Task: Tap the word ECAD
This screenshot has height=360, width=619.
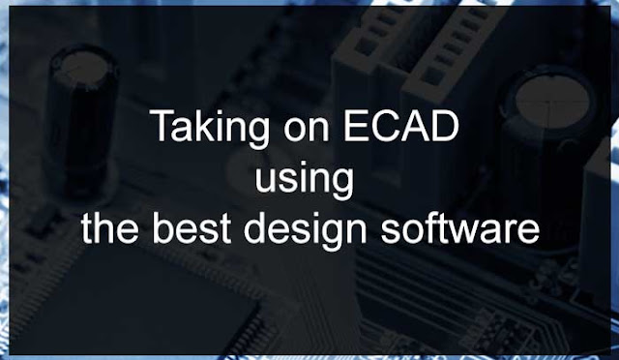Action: click(401, 126)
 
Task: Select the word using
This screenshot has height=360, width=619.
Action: click(304, 180)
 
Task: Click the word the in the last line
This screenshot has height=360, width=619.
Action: click(109, 228)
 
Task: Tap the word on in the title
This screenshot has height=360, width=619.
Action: click(307, 131)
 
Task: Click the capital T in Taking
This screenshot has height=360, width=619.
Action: click(162, 126)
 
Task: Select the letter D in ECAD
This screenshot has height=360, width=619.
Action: click(445, 126)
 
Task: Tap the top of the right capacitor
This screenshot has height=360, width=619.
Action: click(552, 101)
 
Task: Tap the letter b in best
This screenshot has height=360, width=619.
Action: click(162, 227)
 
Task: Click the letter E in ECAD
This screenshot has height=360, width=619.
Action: click(355, 126)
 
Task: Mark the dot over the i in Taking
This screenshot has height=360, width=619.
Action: click(226, 112)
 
